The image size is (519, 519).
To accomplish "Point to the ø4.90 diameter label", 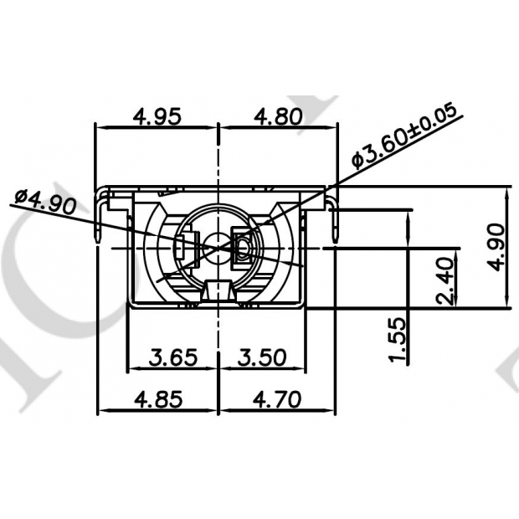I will coord(46,202).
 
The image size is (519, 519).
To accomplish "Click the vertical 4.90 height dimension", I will coord(496,247).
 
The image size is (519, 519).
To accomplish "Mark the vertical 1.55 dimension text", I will coord(399,339).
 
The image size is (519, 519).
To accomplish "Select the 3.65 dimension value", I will coord(172,357).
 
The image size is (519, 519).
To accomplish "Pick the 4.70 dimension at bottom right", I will coord(275,399).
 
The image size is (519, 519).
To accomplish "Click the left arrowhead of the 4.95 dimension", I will coord(100,126).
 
